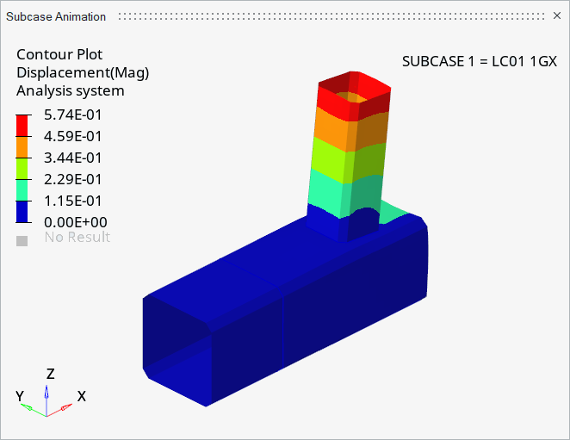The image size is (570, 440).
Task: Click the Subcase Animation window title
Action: (56, 16)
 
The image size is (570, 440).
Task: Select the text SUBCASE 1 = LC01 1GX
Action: (480, 62)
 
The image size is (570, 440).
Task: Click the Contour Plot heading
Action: (59, 54)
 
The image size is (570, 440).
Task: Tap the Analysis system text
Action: (71, 90)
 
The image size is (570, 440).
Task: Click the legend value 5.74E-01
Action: (73, 115)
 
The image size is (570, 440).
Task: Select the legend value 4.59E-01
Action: (73, 136)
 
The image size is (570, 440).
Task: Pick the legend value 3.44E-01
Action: (73, 158)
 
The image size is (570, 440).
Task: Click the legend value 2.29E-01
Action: (73, 179)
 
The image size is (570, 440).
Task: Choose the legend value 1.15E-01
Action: (73, 201)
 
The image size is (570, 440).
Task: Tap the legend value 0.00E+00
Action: (73, 222)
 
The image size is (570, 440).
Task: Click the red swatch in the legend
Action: (23, 126)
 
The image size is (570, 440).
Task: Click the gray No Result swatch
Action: (22, 240)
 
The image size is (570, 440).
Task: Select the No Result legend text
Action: (77, 238)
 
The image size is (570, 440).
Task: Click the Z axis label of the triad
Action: (51, 374)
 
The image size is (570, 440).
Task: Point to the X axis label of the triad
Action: (81, 396)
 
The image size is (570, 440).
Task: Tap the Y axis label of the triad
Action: (20, 396)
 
